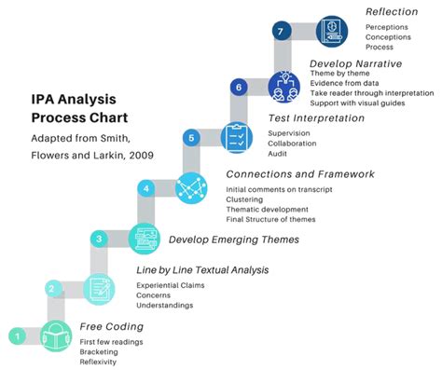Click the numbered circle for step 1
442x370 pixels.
(18, 336)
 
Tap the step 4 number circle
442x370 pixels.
(146, 188)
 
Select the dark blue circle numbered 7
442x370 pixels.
(281, 31)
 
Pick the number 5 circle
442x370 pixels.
(191, 138)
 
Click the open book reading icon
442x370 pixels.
(56, 336)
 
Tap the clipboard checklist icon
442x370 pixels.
(237, 137)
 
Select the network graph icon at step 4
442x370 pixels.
(191, 188)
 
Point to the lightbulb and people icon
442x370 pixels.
(284, 87)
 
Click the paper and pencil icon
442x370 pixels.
(99, 289)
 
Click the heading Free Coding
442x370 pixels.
(112, 326)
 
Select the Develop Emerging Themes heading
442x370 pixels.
(234, 240)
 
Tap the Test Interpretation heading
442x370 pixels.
(316, 118)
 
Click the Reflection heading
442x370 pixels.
(392, 12)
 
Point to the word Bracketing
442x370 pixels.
(99, 352)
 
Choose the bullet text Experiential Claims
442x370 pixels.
(171, 285)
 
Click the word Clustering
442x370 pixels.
(244, 199)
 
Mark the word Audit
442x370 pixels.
(278, 154)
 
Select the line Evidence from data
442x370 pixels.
(344, 83)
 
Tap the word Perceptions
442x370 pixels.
(387, 27)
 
